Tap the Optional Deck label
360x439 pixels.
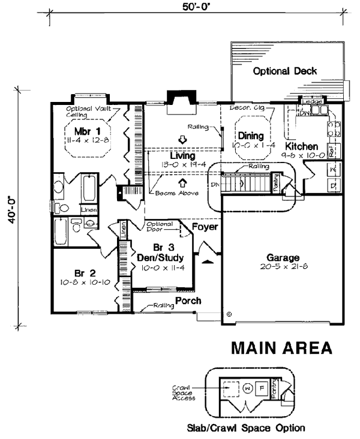[285, 71]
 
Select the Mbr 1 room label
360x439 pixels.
[86, 131]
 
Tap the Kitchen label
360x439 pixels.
[301, 146]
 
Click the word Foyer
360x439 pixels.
[204, 227]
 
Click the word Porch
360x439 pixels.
[188, 300]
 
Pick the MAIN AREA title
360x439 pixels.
[281, 348]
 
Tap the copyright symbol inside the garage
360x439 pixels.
[229, 313]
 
